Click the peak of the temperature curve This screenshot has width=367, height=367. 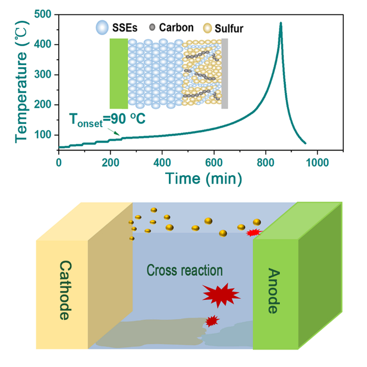(281, 24)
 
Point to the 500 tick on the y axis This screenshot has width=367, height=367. (45, 15)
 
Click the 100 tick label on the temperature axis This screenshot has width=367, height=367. (45, 135)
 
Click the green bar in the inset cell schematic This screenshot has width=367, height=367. (119, 73)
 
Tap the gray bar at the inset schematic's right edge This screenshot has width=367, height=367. (225, 73)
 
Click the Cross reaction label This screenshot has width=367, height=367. (185, 271)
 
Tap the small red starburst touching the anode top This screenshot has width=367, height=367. (253, 232)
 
